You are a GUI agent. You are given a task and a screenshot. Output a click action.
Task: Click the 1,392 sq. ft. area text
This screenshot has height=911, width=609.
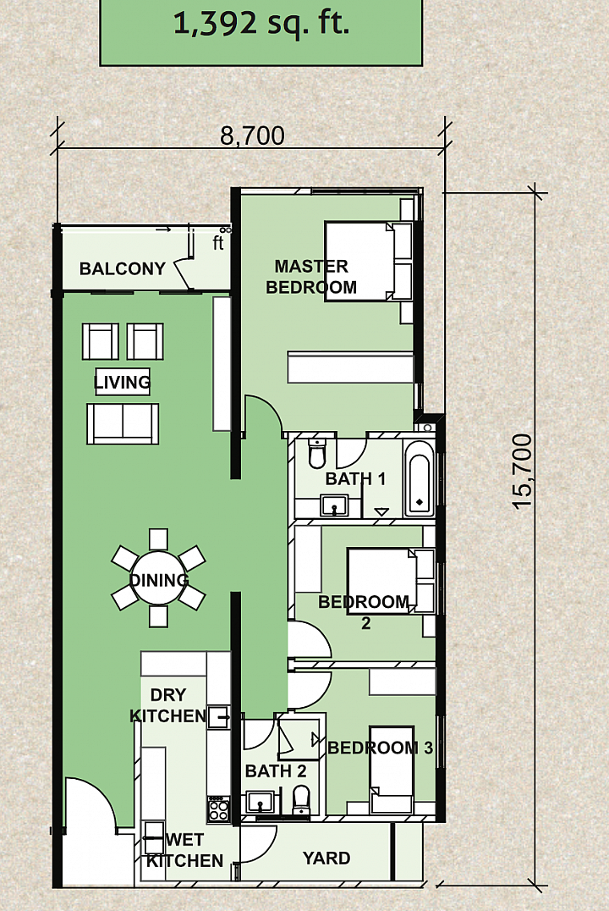(261, 23)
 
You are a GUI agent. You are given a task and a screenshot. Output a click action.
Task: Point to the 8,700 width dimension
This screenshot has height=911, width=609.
(253, 136)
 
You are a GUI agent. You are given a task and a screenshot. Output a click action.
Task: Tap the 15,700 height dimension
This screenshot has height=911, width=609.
(523, 472)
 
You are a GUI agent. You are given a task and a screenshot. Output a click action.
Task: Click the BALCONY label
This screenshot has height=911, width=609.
(123, 268)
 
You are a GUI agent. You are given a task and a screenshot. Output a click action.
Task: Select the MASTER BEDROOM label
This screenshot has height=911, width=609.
(311, 277)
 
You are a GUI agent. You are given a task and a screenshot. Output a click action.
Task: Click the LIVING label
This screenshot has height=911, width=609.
(122, 383)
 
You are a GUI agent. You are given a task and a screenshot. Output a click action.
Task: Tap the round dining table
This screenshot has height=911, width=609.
(158, 578)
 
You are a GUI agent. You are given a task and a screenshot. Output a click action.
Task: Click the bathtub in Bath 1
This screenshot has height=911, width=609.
(419, 478)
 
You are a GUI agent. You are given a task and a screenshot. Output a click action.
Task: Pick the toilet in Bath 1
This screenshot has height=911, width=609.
(317, 453)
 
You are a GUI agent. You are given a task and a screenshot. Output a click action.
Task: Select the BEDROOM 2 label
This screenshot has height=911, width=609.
(364, 612)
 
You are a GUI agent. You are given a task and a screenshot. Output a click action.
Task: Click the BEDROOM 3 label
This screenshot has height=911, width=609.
(381, 747)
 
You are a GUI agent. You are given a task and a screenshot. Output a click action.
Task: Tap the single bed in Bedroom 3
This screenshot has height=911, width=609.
(392, 770)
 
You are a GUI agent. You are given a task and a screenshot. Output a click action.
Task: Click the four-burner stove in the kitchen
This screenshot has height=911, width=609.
(219, 809)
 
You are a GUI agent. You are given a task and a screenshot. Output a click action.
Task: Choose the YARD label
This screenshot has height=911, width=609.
(326, 859)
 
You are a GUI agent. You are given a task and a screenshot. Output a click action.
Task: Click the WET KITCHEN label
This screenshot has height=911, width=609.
(184, 850)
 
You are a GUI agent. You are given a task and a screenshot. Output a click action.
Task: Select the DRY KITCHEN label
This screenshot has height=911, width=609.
(167, 705)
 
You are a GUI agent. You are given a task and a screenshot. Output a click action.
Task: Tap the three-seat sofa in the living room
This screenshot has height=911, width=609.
(123, 424)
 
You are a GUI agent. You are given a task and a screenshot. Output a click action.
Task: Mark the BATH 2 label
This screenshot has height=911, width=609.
(276, 771)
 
